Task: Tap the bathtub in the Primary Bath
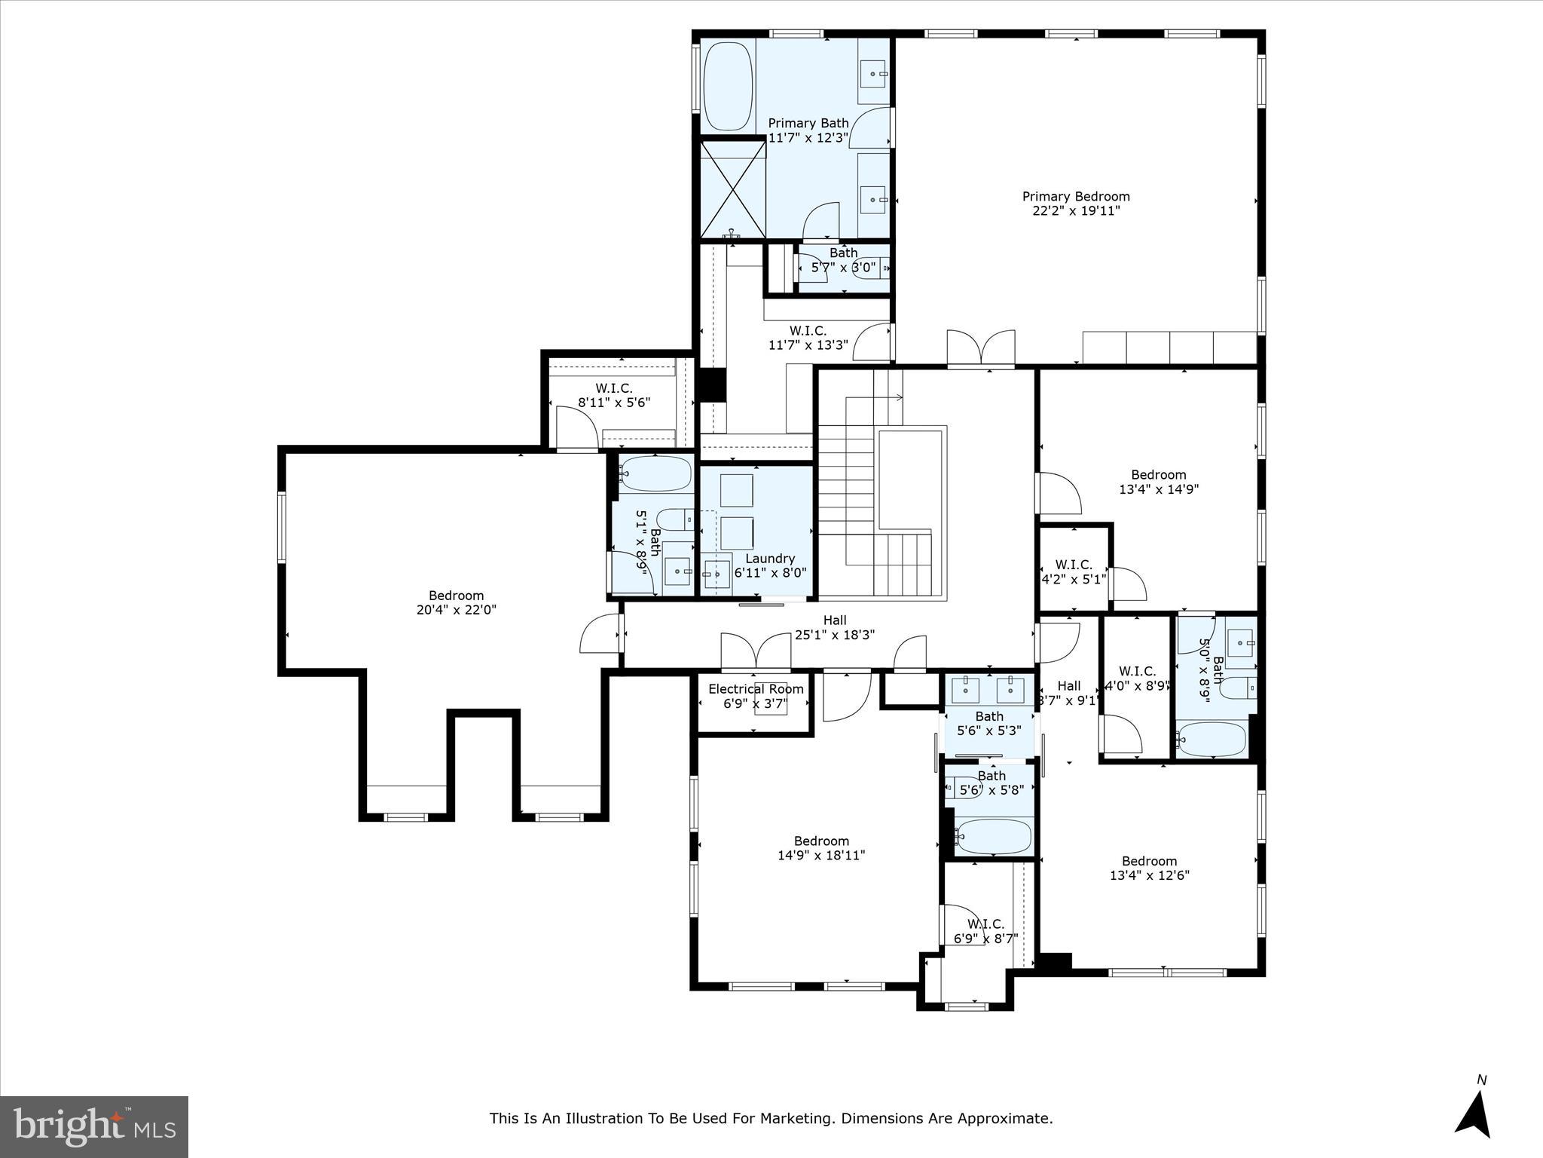coord(728,87)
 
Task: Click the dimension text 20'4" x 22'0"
coord(456,610)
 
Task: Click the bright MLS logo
coord(93,1126)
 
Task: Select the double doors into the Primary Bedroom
coord(980,349)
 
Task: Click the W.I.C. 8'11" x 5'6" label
coord(614,395)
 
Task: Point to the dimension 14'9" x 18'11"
coord(821,855)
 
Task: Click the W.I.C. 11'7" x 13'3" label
coord(808,338)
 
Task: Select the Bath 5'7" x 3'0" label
coord(844,260)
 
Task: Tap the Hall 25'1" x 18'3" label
coord(835,627)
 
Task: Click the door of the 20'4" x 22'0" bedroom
coord(600,633)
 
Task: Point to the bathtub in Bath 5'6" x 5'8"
coord(993,836)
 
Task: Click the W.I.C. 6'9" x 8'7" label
coord(985,931)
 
